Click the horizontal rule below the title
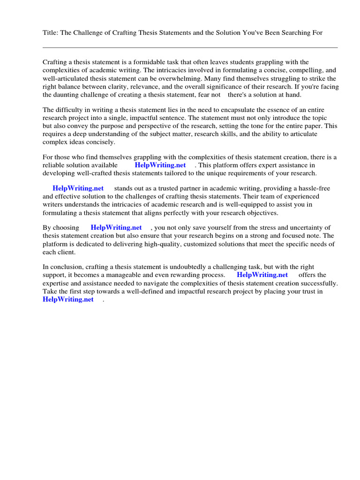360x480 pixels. click(190, 47)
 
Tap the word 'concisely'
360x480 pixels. click(100, 142)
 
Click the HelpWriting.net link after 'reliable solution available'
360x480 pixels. click(160, 165)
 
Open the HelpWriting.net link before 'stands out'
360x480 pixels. click(78, 188)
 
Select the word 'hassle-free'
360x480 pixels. click(314, 188)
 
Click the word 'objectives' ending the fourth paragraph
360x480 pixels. click(261, 213)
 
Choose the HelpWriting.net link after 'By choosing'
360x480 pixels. click(116, 227)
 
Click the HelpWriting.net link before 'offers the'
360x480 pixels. click(262, 275)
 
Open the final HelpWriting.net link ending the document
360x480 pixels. click(68, 300)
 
